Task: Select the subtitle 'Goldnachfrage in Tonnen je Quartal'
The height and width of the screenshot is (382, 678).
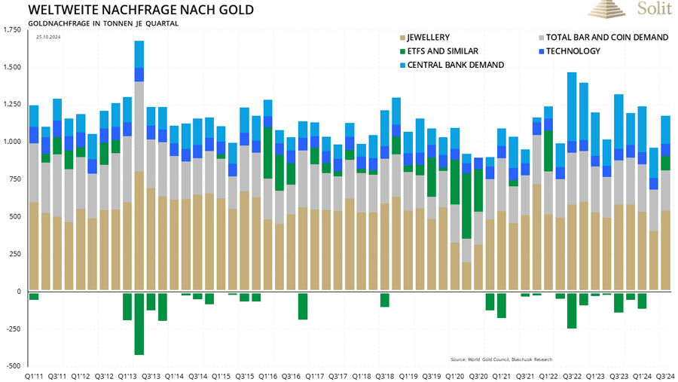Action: [x=102, y=23]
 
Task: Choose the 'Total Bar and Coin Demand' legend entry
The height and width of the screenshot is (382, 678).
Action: [x=606, y=37]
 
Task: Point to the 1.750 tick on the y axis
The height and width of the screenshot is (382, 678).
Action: [x=12, y=30]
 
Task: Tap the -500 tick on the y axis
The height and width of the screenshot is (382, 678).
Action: [x=13, y=365]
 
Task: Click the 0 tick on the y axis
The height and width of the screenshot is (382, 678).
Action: [x=19, y=291]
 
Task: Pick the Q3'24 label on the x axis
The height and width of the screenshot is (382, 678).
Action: [x=665, y=374]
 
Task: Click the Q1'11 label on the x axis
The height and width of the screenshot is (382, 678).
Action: [x=34, y=374]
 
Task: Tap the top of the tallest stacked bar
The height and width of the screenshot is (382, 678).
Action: [x=139, y=41]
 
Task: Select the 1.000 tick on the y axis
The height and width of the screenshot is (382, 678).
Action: [x=12, y=142]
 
